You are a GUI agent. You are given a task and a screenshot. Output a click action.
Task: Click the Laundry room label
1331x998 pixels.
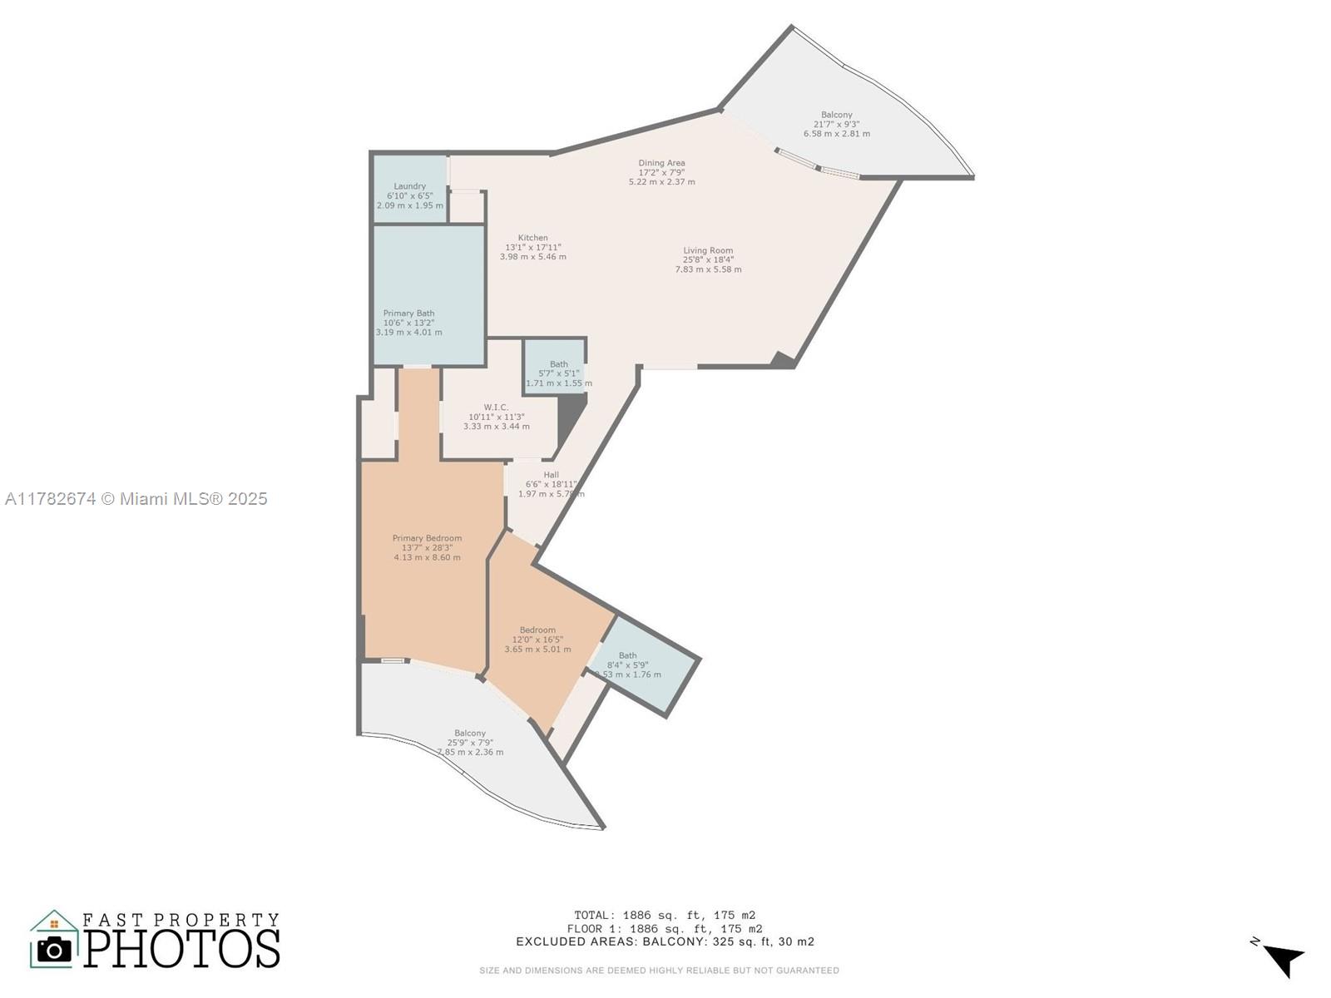[410, 195]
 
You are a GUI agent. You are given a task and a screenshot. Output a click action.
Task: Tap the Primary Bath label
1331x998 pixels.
[408, 323]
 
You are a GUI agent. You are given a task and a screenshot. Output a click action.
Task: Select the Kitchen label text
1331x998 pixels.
[533, 247]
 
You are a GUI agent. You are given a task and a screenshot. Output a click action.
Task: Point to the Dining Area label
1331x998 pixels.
[662, 172]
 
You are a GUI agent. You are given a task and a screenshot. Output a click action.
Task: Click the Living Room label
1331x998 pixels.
[708, 259]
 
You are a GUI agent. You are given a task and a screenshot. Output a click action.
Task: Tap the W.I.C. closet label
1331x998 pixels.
[496, 417]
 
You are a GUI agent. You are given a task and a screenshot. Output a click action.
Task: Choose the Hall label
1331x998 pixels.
[551, 484]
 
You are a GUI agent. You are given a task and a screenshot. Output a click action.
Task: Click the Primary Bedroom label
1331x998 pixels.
[427, 547]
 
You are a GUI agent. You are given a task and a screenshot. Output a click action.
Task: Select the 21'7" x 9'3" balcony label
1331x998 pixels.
[837, 124]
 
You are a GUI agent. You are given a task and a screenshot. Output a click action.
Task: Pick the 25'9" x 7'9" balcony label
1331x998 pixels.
[470, 743]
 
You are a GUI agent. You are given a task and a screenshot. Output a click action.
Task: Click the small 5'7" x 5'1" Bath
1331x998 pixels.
[558, 373]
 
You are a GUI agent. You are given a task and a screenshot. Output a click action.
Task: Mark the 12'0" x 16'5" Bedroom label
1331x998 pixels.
[537, 640]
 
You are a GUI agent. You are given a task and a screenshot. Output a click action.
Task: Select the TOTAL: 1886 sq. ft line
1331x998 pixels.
[665, 915]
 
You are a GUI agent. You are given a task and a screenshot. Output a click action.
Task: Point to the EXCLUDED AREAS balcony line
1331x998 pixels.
[665, 942]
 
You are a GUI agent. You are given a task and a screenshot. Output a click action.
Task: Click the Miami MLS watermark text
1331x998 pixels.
[136, 499]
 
